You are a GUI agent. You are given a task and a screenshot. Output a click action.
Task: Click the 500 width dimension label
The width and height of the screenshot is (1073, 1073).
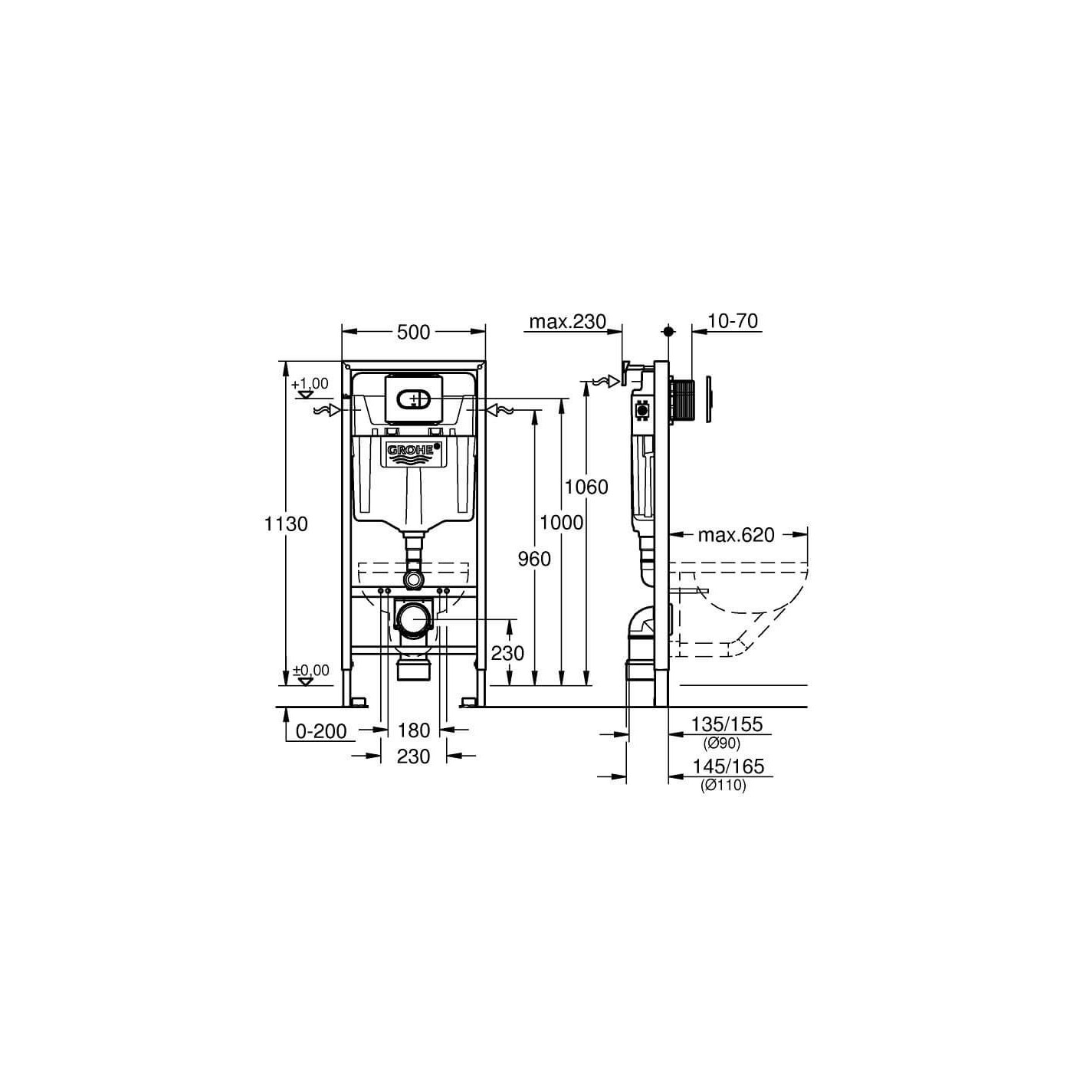tap(413, 332)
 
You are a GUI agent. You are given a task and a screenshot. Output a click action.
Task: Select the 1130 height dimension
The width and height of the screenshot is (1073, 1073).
tap(286, 524)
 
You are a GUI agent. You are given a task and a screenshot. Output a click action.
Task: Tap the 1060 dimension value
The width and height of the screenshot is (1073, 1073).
tap(586, 487)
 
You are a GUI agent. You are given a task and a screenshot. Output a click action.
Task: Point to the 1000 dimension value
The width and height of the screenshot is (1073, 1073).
tap(561, 523)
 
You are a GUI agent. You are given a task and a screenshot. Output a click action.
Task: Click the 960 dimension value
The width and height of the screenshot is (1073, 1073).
tap(534, 559)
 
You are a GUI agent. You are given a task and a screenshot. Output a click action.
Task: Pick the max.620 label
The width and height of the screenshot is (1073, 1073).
tap(736, 534)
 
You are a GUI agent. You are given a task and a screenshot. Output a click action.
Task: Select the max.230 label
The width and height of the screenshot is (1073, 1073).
tap(568, 321)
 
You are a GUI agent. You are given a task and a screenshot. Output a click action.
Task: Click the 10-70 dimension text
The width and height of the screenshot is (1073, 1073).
tap(733, 321)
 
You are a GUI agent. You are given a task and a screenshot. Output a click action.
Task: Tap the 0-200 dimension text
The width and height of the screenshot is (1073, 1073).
tap(322, 731)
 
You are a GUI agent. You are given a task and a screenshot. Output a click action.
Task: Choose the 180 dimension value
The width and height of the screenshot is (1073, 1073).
tap(413, 730)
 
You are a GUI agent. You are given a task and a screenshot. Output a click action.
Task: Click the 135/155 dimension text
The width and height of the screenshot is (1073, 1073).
tap(727, 724)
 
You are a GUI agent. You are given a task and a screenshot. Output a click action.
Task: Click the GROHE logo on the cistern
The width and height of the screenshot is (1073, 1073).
tap(414, 451)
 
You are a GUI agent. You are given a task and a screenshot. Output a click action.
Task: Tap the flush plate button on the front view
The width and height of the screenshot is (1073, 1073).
tap(414, 399)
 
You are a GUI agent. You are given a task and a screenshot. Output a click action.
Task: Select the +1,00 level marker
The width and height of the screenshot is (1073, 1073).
tap(309, 384)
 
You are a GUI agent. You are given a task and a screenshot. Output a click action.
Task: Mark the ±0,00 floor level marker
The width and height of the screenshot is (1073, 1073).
tap(310, 671)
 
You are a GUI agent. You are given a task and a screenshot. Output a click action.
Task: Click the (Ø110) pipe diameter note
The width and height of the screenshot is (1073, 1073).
tap(723, 785)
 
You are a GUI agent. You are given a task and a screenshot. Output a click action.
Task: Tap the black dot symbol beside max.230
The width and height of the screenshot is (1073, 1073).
tap(668, 331)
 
